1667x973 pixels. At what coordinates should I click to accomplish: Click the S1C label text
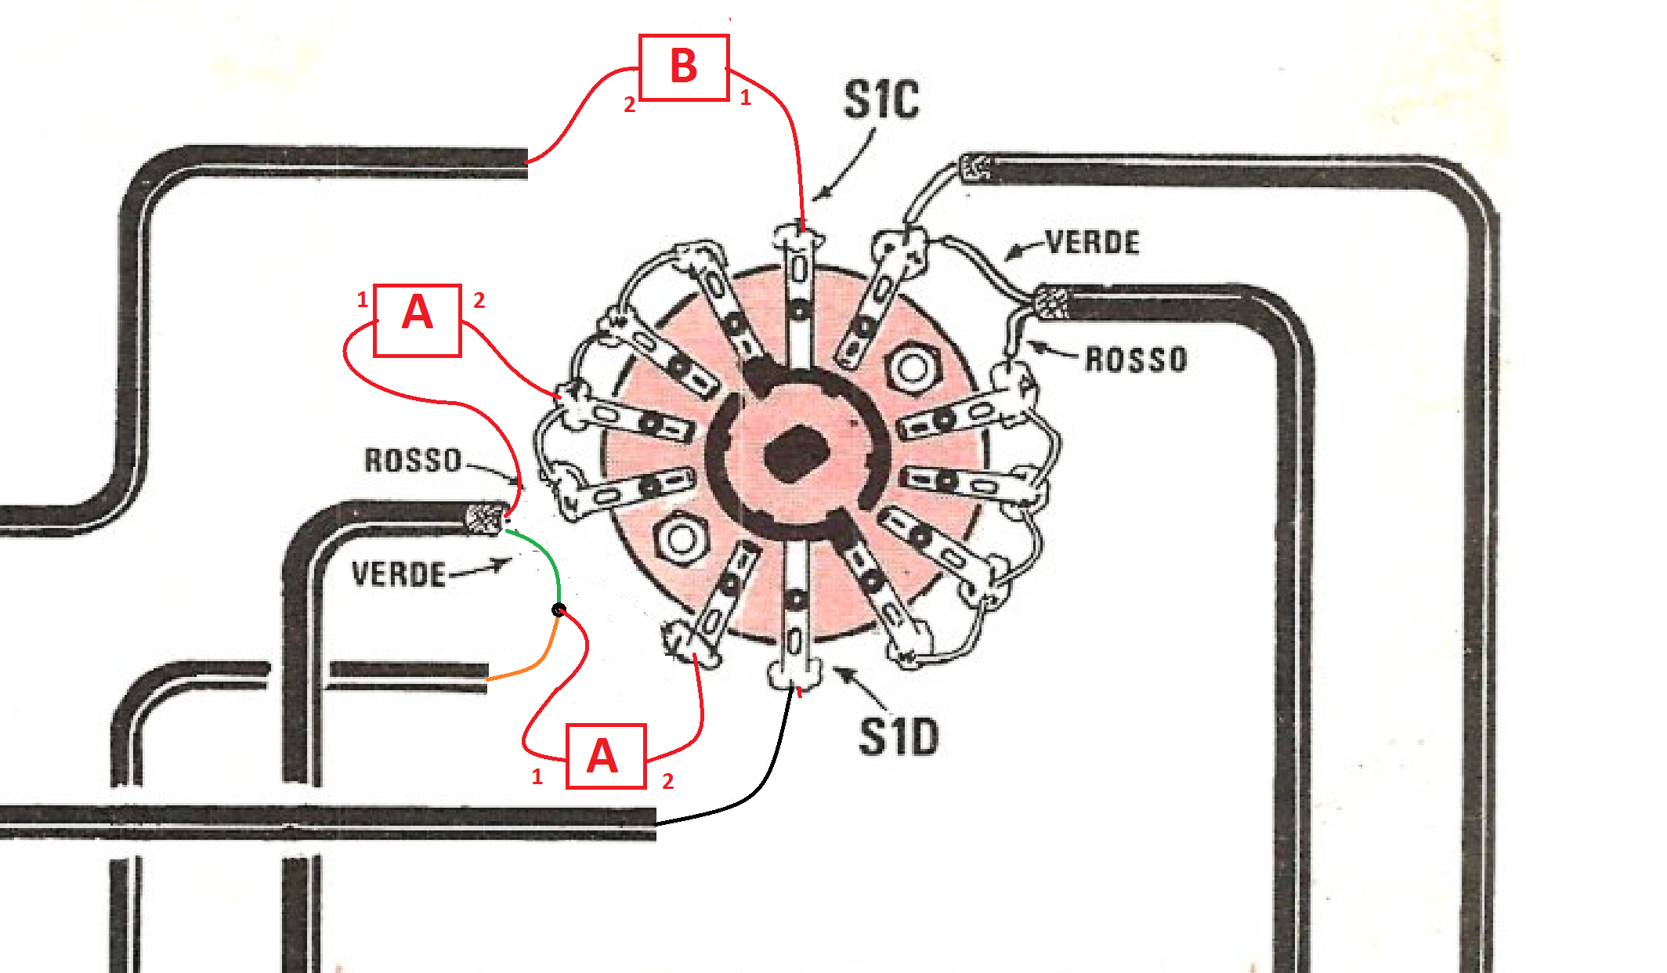[x=881, y=100]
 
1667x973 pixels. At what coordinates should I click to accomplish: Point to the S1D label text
[x=899, y=737]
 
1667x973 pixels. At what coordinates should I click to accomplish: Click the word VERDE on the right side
[x=1093, y=243]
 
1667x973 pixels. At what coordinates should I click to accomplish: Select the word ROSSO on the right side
[x=1136, y=360]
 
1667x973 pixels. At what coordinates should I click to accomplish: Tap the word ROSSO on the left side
[x=413, y=460]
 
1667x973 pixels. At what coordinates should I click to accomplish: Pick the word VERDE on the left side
[x=399, y=574]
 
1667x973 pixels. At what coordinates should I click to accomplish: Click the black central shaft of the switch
[x=796, y=454]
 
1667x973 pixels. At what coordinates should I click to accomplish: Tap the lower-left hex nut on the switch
[x=681, y=539]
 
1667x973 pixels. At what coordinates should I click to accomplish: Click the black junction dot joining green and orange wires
[x=559, y=610]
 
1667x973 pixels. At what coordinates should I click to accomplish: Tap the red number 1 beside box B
[x=745, y=98]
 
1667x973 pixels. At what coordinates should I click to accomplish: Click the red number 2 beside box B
[x=629, y=104]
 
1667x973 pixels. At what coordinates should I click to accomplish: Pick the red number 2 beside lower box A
[x=667, y=781]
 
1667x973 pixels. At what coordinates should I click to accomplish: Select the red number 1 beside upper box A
[x=362, y=299]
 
